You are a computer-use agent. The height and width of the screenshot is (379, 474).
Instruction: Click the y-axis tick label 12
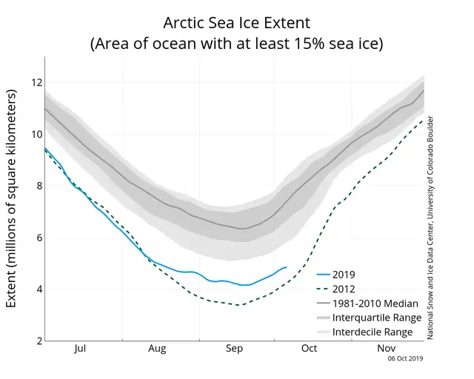pos(34,82)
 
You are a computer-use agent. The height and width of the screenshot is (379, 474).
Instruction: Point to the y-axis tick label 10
pos(34,134)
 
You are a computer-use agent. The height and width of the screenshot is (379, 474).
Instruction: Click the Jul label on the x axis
pos(81,348)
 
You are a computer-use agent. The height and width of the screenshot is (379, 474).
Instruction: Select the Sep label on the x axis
pos(235,348)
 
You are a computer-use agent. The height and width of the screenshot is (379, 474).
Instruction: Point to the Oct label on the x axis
pos(310,348)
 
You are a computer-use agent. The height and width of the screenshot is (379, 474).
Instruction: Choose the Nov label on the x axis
pos(386,348)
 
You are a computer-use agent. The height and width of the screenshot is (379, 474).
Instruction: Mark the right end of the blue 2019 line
pos(286,267)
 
